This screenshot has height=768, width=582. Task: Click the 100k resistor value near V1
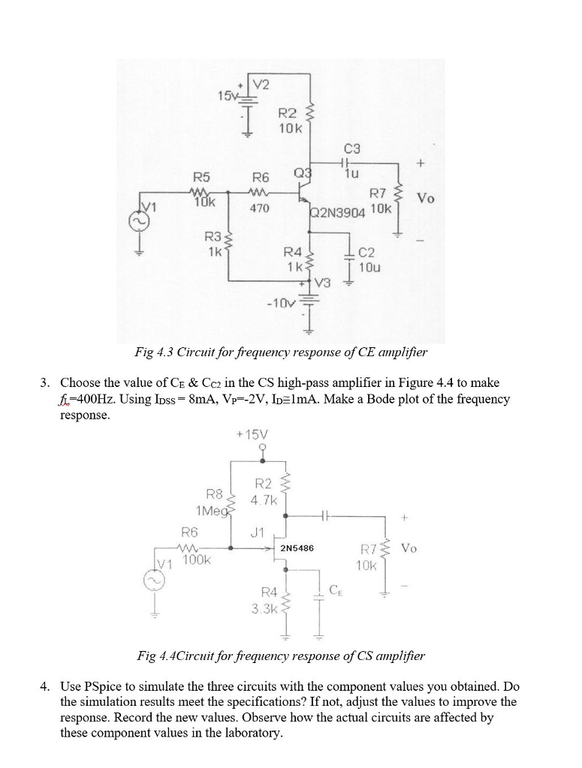pos(197,559)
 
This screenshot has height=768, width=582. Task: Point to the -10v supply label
pos(280,302)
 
